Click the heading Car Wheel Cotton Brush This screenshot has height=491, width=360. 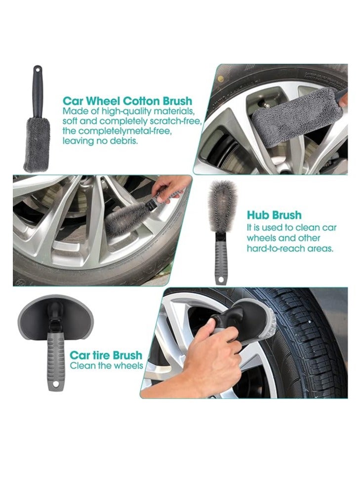point(127,102)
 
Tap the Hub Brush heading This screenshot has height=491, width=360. point(274,215)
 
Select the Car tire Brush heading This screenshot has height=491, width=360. point(106,355)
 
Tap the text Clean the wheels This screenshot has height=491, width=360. point(106,366)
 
